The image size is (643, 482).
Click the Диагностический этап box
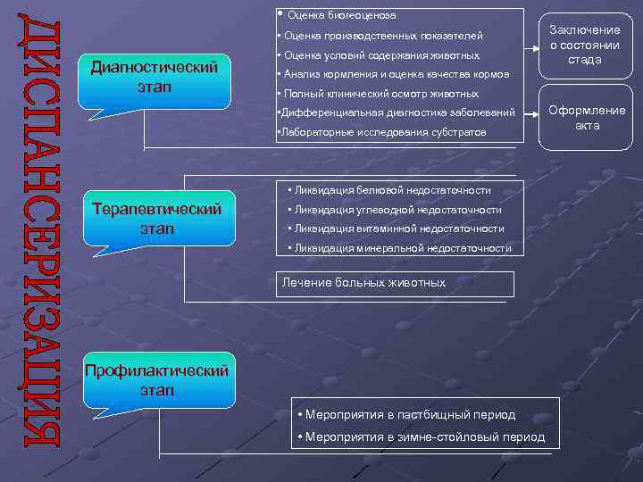(x=155, y=79)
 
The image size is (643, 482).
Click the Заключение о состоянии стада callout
(x=585, y=45)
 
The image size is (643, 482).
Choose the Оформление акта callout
(x=587, y=118)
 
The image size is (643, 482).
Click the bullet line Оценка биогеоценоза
(x=342, y=15)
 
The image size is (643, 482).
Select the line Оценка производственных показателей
(x=380, y=36)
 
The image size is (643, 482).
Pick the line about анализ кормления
(x=392, y=74)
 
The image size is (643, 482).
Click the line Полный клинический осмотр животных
(x=379, y=94)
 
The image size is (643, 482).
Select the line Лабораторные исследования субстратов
(x=382, y=132)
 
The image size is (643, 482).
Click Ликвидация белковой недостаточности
(x=389, y=190)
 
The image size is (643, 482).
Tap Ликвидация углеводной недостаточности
(x=395, y=210)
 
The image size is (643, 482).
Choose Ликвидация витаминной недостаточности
(x=396, y=229)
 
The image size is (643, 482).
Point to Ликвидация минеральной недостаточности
(x=400, y=248)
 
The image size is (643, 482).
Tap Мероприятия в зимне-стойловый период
(x=421, y=437)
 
